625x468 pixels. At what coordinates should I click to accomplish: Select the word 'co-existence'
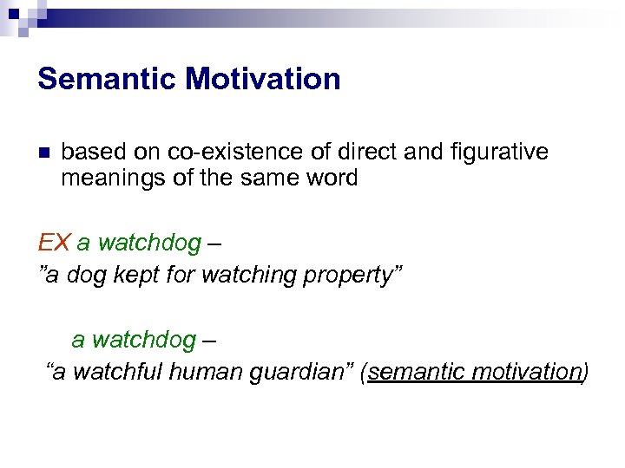[x=220, y=153]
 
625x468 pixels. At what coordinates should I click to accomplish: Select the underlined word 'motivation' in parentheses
[x=526, y=373]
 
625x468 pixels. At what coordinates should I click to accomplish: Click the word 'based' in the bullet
[x=94, y=153]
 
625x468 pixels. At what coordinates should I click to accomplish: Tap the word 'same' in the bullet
[x=264, y=179]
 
